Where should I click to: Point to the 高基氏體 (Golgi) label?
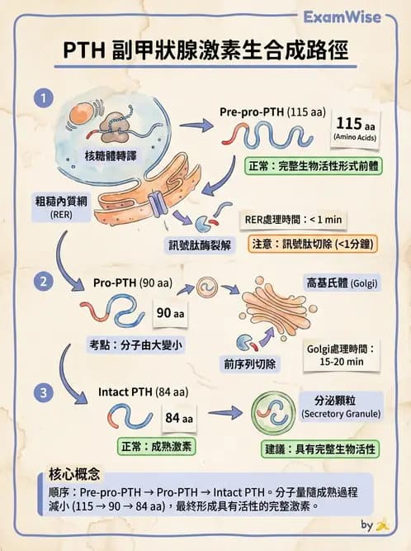(342, 283)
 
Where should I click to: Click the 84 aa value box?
(178, 419)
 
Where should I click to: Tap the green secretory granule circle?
(273, 413)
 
